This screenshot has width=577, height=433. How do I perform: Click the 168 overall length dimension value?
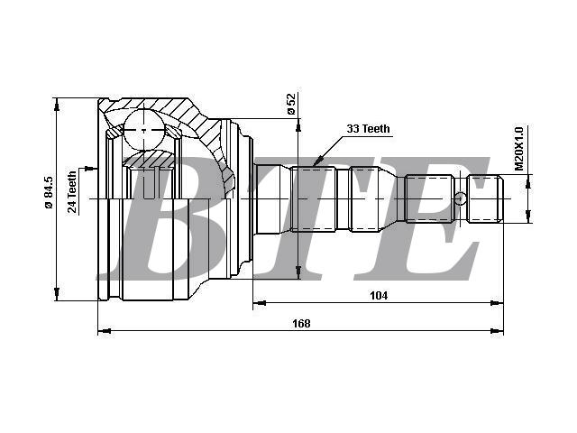coord(301,323)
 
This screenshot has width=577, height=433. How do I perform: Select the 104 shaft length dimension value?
coord(379,295)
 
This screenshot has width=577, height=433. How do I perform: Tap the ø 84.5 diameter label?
coord(49,192)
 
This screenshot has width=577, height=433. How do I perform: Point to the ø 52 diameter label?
coord(291,104)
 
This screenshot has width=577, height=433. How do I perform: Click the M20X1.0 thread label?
coord(519,149)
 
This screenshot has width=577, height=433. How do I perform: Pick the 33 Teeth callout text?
coord(368,129)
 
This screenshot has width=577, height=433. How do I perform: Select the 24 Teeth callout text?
coord(72,192)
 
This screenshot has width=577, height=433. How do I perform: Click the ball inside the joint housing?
coord(143,130)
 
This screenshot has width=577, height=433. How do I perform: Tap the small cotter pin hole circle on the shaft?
coord(460,198)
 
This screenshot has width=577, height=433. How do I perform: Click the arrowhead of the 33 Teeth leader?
coord(317,161)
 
